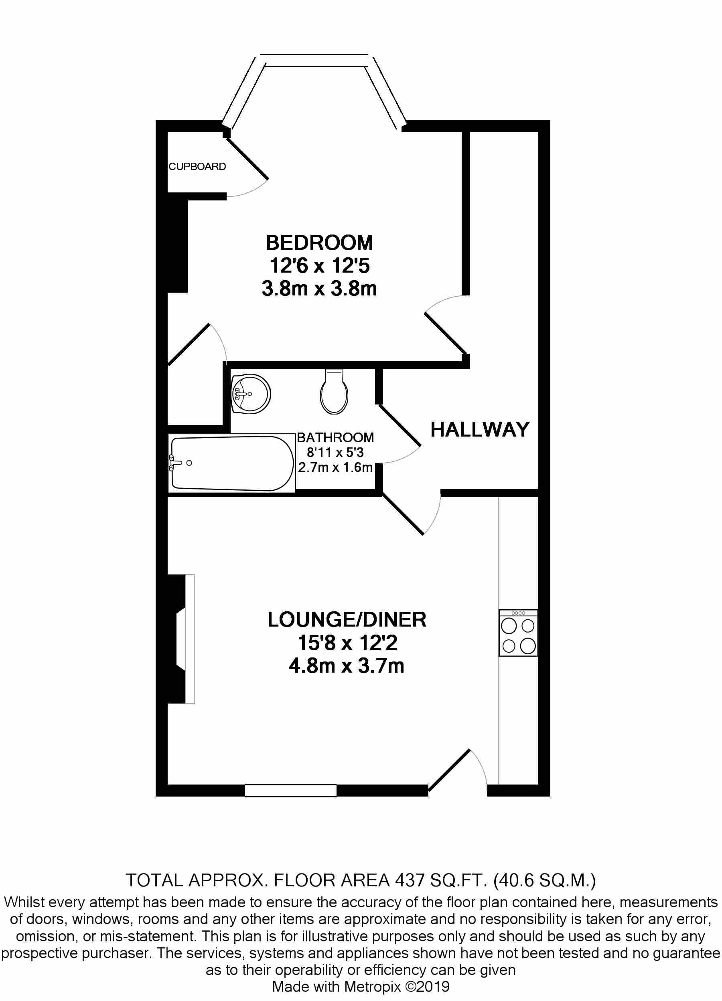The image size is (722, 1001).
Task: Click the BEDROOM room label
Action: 319,243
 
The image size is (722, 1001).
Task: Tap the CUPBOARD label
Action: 197,166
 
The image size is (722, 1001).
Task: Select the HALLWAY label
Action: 480,429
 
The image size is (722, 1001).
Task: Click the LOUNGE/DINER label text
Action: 347,620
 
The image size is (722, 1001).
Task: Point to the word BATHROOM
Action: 335,437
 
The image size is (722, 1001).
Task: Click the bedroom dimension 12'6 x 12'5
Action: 319,266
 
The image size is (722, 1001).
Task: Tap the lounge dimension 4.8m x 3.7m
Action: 347,665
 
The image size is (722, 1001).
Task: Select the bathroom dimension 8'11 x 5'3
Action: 335,452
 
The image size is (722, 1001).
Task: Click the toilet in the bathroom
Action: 334,392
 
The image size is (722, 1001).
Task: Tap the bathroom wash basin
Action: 250,394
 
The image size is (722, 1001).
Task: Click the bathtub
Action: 232,463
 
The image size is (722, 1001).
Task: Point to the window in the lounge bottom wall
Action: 290,791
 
